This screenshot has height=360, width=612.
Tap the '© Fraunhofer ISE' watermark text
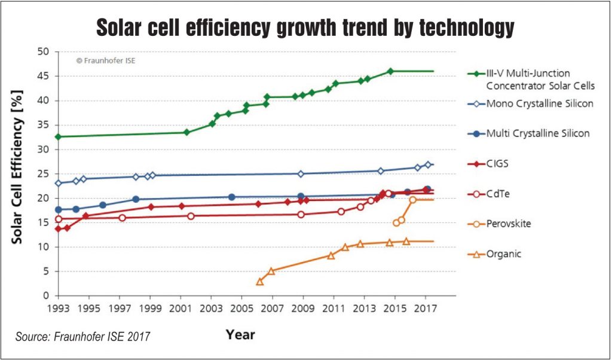(105, 60)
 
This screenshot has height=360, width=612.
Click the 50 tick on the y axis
(42, 51)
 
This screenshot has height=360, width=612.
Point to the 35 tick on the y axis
(42, 125)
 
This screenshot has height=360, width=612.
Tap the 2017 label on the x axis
(425, 309)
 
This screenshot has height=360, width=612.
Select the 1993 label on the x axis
(58, 309)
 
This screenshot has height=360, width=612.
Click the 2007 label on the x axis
(273, 309)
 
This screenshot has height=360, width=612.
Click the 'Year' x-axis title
(241, 334)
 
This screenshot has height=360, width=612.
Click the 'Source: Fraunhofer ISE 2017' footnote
(82, 337)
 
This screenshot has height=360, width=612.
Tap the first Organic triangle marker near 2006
(260, 281)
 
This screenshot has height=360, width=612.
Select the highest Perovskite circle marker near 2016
(412, 200)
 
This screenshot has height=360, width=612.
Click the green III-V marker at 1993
(58, 136)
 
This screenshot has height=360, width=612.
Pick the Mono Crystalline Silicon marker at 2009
(301, 173)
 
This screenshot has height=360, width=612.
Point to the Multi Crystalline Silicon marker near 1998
(136, 199)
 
